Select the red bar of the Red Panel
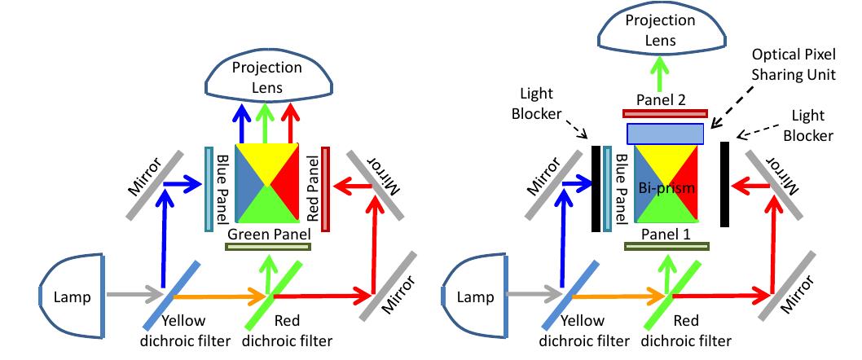(x=326, y=183)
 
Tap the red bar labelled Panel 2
(x=665, y=112)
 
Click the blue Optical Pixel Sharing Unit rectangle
(x=665, y=133)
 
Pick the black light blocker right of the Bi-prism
(x=725, y=184)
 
